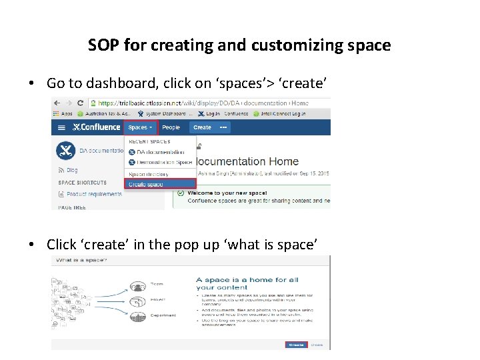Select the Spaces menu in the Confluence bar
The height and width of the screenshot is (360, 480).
[x=140, y=127]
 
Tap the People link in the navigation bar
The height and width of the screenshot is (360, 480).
[x=171, y=127]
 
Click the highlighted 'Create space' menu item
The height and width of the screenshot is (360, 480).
[x=146, y=184]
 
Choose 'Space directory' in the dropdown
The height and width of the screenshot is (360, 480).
[x=149, y=174]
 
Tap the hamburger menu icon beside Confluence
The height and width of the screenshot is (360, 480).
[x=61, y=127]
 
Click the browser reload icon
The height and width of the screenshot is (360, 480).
[x=81, y=103]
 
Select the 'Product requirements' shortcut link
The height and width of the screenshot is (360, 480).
[x=94, y=194]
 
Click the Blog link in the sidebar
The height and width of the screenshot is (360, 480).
[x=72, y=170]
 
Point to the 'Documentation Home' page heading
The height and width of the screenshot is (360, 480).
[x=247, y=161]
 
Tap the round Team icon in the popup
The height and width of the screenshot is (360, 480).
[x=138, y=288]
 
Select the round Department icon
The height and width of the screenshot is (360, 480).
[x=138, y=318]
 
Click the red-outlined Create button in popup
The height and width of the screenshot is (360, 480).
[x=296, y=345]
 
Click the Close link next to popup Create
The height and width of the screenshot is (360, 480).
[x=317, y=345]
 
